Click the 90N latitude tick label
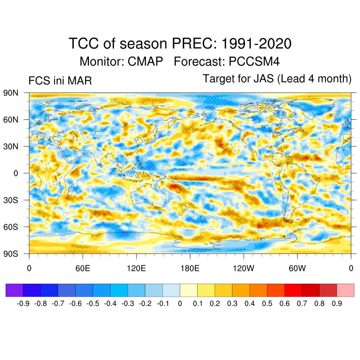coord(11,93)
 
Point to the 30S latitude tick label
coord(11,200)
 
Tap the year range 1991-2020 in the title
coord(256,44)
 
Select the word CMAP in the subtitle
coord(145,62)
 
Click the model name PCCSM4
coord(254,62)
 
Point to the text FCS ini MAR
coord(60,81)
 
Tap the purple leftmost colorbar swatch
coord(14,290)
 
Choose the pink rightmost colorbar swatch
coord(345,290)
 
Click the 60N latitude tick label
coord(11,120)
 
